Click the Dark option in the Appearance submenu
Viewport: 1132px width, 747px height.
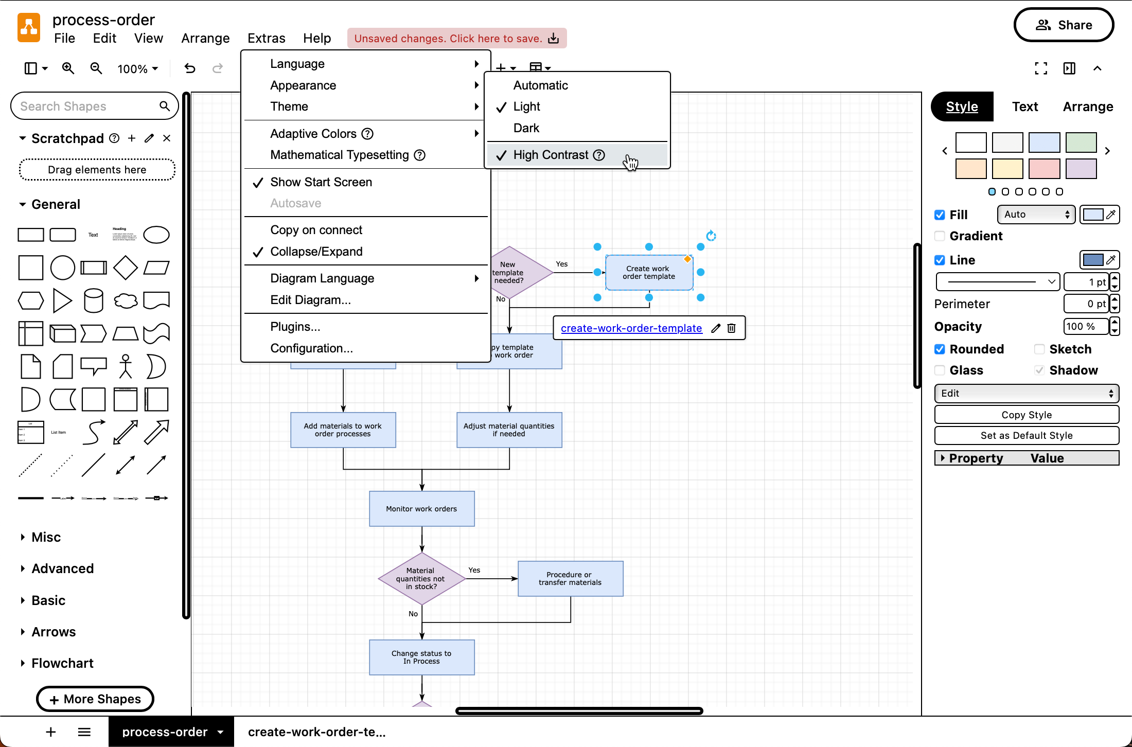(x=526, y=128)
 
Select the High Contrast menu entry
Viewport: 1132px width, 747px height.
(x=551, y=155)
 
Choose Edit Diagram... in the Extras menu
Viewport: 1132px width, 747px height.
(x=310, y=300)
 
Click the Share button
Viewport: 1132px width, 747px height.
(x=1064, y=25)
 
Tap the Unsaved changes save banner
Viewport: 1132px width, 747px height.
(x=456, y=39)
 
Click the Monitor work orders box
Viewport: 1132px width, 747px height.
(x=421, y=509)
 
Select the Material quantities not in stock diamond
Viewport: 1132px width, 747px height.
(x=421, y=579)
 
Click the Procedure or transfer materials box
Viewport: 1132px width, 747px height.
(x=570, y=579)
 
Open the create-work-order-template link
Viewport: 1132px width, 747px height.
(x=631, y=328)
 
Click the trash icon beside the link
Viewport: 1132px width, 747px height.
(x=731, y=328)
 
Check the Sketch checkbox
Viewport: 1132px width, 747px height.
(x=1039, y=349)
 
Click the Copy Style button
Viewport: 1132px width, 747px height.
(x=1026, y=415)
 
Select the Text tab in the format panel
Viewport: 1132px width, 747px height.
(x=1024, y=106)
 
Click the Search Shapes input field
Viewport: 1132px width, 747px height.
(x=87, y=106)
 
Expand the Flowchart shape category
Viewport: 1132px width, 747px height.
(x=62, y=663)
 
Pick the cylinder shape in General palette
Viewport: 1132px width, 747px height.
(x=93, y=301)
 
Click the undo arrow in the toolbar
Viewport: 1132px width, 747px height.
(x=190, y=68)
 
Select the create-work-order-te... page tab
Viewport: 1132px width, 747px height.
(x=316, y=732)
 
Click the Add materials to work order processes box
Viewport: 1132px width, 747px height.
(x=343, y=430)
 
